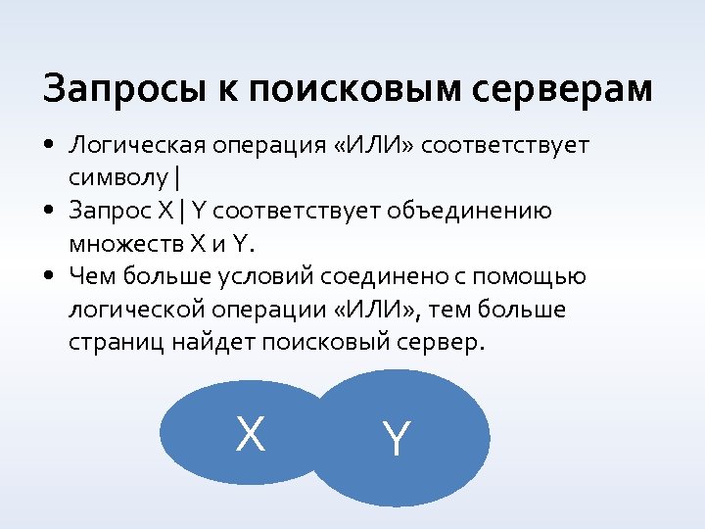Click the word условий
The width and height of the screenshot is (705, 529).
tap(263, 277)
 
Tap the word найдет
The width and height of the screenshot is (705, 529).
tap(203, 343)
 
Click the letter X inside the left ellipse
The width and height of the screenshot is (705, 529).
tap(251, 433)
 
